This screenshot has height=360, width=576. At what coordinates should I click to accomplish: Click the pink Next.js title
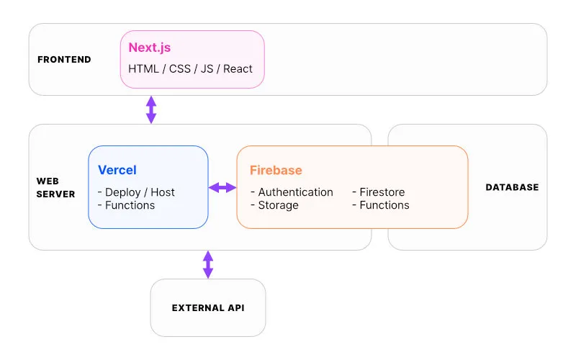150,48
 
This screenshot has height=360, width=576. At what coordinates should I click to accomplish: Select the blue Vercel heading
117,170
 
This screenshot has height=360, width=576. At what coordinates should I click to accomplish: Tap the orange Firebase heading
276,170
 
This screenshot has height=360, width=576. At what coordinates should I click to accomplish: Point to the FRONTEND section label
64,60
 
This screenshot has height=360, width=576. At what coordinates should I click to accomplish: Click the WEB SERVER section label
55,187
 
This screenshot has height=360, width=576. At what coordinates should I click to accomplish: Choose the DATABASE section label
512,187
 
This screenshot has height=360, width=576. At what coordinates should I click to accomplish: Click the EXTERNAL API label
208,308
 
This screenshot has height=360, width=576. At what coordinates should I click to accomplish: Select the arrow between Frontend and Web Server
151,109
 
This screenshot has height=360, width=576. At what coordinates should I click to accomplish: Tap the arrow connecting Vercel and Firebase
222,188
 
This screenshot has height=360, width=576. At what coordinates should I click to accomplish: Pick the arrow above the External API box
208,264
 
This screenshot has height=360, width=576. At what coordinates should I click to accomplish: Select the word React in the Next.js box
238,68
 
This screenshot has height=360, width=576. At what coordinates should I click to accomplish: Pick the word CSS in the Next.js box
179,68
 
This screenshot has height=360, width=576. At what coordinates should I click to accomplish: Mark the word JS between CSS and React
207,68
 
